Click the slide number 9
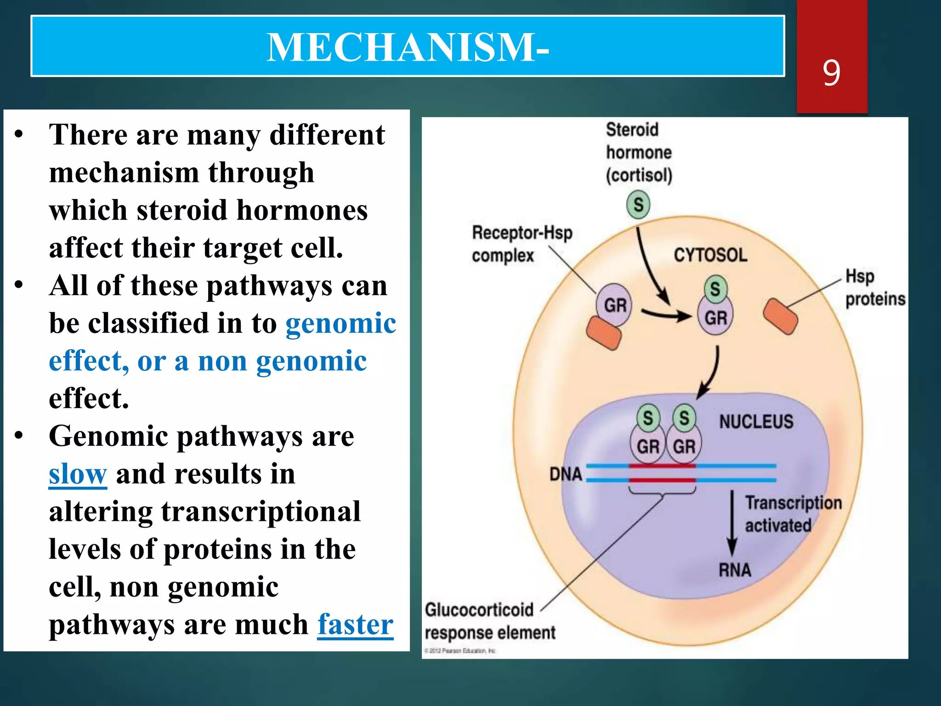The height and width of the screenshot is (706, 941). point(832,73)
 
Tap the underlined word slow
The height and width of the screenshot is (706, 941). point(78,473)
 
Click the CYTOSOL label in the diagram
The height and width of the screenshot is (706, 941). point(710,255)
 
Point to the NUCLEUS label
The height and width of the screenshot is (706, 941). point(756,421)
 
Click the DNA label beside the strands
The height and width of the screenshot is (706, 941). point(566,474)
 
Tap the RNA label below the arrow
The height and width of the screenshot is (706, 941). point(735,570)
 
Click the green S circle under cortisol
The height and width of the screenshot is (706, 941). point(638,205)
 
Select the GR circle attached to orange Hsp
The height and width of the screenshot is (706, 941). point(614,305)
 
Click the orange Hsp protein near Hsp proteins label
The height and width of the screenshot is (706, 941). point(780,316)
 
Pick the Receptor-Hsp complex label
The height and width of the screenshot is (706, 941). point(522,244)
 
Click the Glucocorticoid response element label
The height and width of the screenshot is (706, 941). point(489,621)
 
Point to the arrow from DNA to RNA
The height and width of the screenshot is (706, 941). point(732,524)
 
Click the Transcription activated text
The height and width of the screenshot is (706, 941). point(793,514)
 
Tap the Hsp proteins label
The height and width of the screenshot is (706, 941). point(874,288)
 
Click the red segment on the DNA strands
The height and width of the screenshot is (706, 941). point(662,473)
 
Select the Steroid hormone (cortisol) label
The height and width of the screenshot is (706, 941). point(639,153)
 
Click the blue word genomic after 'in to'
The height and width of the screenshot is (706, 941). point(340,323)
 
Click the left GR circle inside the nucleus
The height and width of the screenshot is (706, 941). point(647,446)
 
